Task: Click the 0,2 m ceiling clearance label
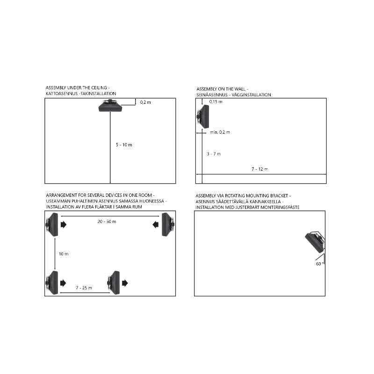pos(145,102)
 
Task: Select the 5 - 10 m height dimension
pos(124,145)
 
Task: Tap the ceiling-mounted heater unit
pos(110,106)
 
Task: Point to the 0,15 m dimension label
pos(216,101)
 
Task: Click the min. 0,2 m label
pos(220,132)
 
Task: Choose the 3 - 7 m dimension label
pos(214,154)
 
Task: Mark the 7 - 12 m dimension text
pos(260,169)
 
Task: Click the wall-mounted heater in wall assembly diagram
pos(203,116)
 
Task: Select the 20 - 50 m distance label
pos(107,222)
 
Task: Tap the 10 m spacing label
pos(64,254)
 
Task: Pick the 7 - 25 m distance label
pos(84,288)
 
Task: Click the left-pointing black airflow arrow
pos(156,224)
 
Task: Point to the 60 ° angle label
pos(320,264)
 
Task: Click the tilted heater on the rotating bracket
pos(315,242)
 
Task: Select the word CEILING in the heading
pos(99,88)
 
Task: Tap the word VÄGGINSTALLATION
pos(251,95)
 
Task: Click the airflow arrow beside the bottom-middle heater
pos(125,283)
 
